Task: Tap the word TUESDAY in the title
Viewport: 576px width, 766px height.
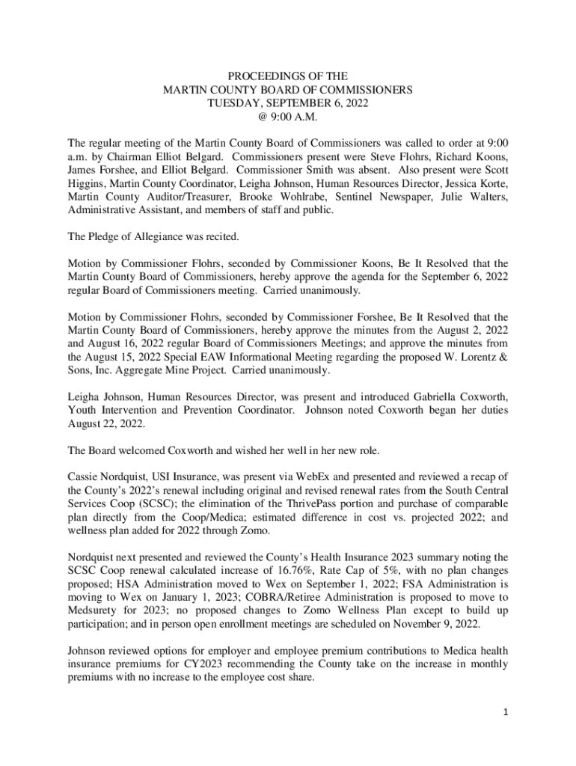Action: click(x=235, y=102)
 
